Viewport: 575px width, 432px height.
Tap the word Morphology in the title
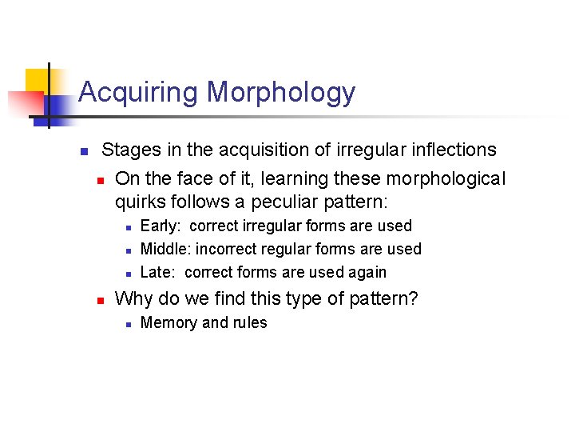281,93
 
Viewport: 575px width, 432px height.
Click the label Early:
161,226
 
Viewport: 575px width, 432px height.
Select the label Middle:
166,250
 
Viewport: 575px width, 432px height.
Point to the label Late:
158,272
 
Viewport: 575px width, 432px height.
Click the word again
367,272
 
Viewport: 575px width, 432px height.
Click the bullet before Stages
82,150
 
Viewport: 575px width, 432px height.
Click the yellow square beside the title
38,81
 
